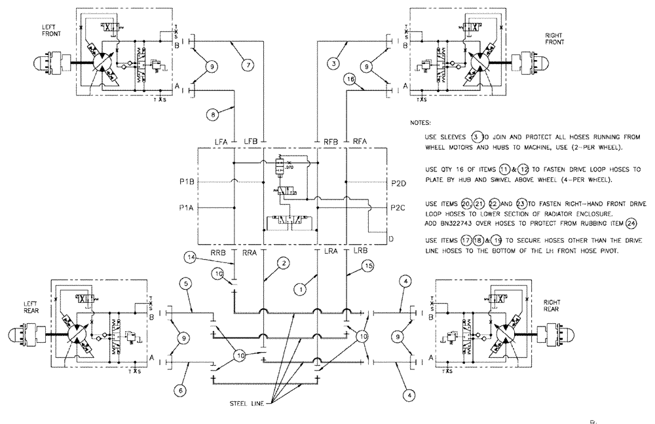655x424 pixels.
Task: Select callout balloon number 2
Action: click(282, 263)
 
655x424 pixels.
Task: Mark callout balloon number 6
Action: click(183, 391)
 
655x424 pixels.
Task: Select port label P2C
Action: click(398, 207)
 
